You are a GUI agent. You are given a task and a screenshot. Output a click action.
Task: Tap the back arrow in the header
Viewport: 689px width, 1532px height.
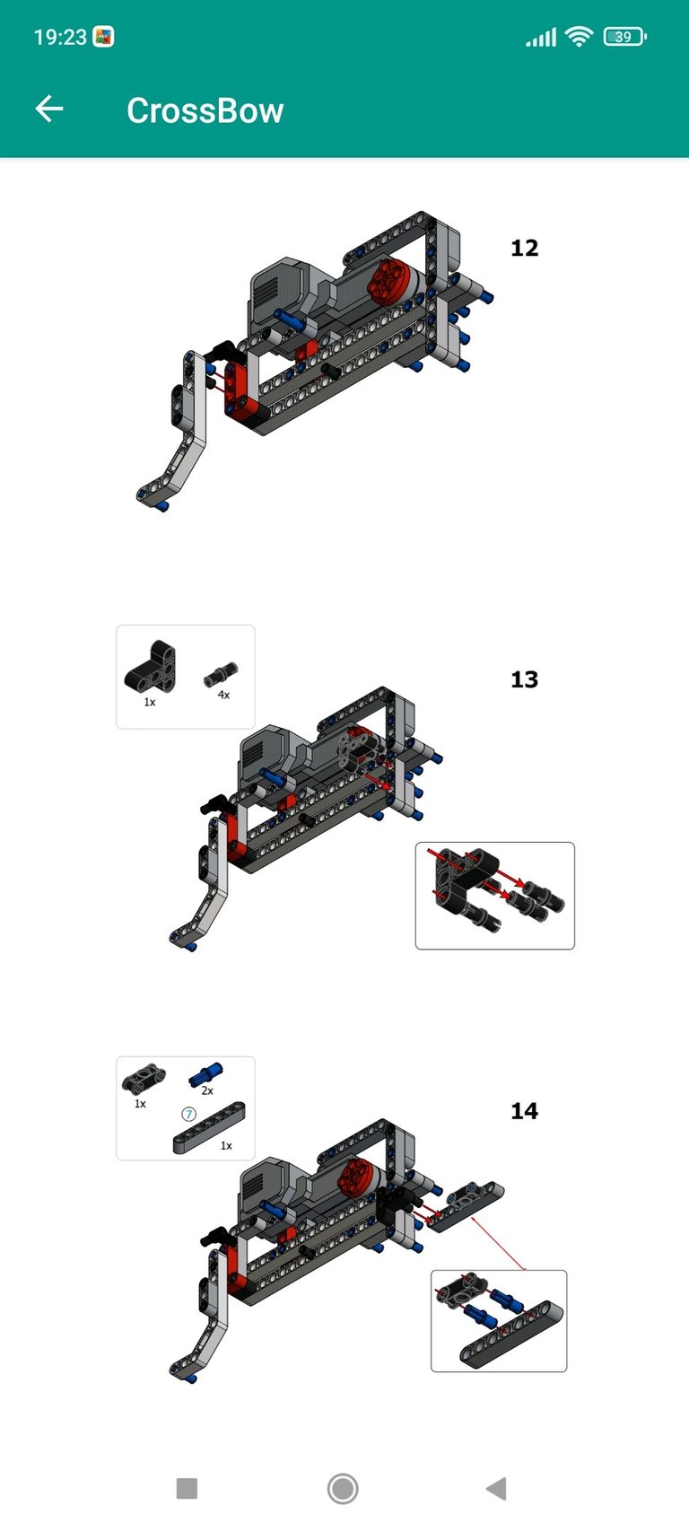coord(49,109)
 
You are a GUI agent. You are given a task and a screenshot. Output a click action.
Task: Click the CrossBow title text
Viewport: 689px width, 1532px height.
coord(205,110)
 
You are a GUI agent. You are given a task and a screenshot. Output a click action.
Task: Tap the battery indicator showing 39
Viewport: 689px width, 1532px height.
coord(624,36)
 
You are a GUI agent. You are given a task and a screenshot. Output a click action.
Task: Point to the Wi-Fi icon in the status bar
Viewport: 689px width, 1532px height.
coord(579,36)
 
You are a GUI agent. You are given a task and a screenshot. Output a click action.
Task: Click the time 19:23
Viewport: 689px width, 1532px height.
coord(60,37)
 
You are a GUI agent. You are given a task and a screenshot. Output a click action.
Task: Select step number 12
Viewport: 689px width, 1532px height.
coord(524,248)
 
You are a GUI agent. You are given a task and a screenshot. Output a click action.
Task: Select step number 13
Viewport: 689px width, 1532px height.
coord(524,679)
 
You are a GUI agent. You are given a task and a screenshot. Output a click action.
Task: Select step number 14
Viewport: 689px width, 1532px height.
coord(524,1111)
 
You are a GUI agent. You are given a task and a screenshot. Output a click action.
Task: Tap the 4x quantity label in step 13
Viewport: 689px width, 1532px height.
coord(223,694)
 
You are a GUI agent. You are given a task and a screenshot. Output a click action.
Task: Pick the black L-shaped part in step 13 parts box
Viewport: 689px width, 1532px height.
coord(151,666)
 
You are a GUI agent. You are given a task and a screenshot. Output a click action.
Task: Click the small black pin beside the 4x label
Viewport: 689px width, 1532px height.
coord(221,674)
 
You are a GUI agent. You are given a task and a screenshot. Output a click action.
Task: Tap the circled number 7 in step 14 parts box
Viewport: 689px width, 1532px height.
coord(188,1114)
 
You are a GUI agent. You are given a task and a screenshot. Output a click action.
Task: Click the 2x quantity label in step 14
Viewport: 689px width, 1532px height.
coord(207,1090)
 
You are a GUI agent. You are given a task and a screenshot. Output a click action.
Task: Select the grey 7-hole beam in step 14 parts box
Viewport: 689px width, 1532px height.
coord(209,1127)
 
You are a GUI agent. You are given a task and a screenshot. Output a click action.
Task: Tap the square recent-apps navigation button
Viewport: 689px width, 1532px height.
coord(187,1488)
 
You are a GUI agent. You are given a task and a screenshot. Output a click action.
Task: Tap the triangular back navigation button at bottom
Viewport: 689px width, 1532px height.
coord(497,1488)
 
